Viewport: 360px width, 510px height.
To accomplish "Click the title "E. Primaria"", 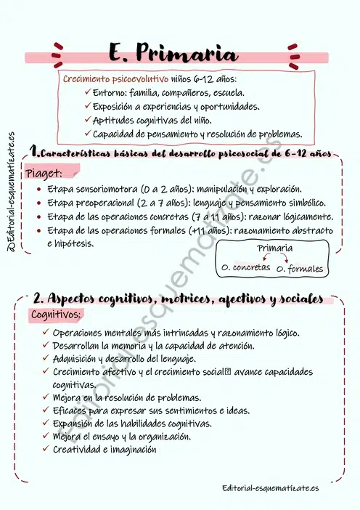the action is pyautogui.click(x=173, y=53).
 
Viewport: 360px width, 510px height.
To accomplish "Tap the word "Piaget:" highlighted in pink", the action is pyautogui.click(x=44, y=174).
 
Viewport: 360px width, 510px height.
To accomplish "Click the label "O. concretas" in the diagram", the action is pyautogui.click(x=245, y=267).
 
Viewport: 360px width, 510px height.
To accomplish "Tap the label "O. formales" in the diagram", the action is pyautogui.click(x=300, y=269).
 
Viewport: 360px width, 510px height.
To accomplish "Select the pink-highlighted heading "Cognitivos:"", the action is pyautogui.click(x=57, y=315).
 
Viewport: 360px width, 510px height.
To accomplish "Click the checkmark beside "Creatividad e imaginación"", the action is pyautogui.click(x=46, y=450).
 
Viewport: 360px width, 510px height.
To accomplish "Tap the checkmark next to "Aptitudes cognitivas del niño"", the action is pyautogui.click(x=87, y=120).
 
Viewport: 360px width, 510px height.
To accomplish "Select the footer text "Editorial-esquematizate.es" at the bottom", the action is pyautogui.click(x=271, y=488).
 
